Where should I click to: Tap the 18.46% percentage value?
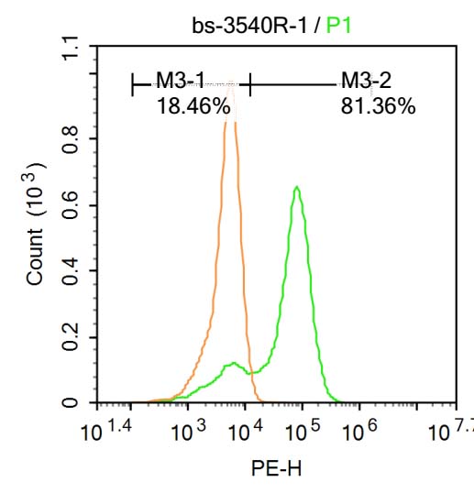click(x=193, y=106)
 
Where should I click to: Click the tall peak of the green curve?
click(x=296, y=188)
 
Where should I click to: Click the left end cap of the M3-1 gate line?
click(x=134, y=86)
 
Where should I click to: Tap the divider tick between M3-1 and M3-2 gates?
click(x=249, y=86)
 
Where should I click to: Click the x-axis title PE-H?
click(x=276, y=469)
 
